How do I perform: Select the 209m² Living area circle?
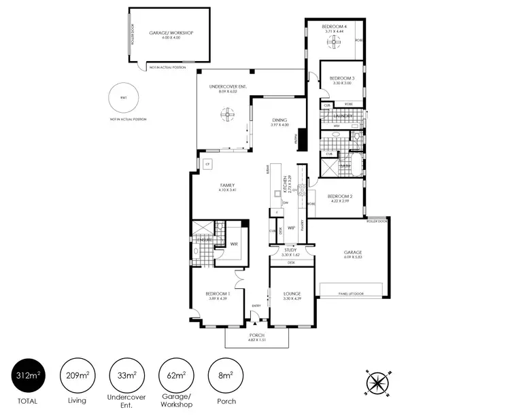tap(77, 376)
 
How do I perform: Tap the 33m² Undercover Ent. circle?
tap(125, 376)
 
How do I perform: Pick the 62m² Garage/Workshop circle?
tap(175, 376)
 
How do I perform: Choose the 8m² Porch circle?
tap(225, 376)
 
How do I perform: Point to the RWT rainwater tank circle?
tap(123, 99)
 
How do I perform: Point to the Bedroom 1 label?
tap(218, 294)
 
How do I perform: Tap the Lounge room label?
tap(292, 294)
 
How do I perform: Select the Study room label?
tap(290, 251)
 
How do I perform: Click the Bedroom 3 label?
tap(340, 78)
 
